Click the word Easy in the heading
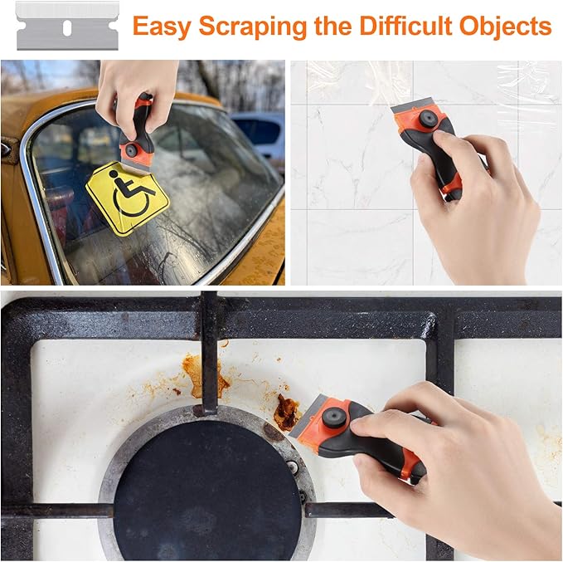[162, 27]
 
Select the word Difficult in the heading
[405, 26]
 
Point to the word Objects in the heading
[505, 27]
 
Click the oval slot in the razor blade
[67, 28]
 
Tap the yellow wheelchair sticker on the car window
[127, 198]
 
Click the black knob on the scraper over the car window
[131, 150]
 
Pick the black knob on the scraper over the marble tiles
[428, 118]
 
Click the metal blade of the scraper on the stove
[306, 417]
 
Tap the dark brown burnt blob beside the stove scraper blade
[286, 413]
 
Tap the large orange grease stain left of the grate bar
[201, 376]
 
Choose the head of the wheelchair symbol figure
[114, 174]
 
